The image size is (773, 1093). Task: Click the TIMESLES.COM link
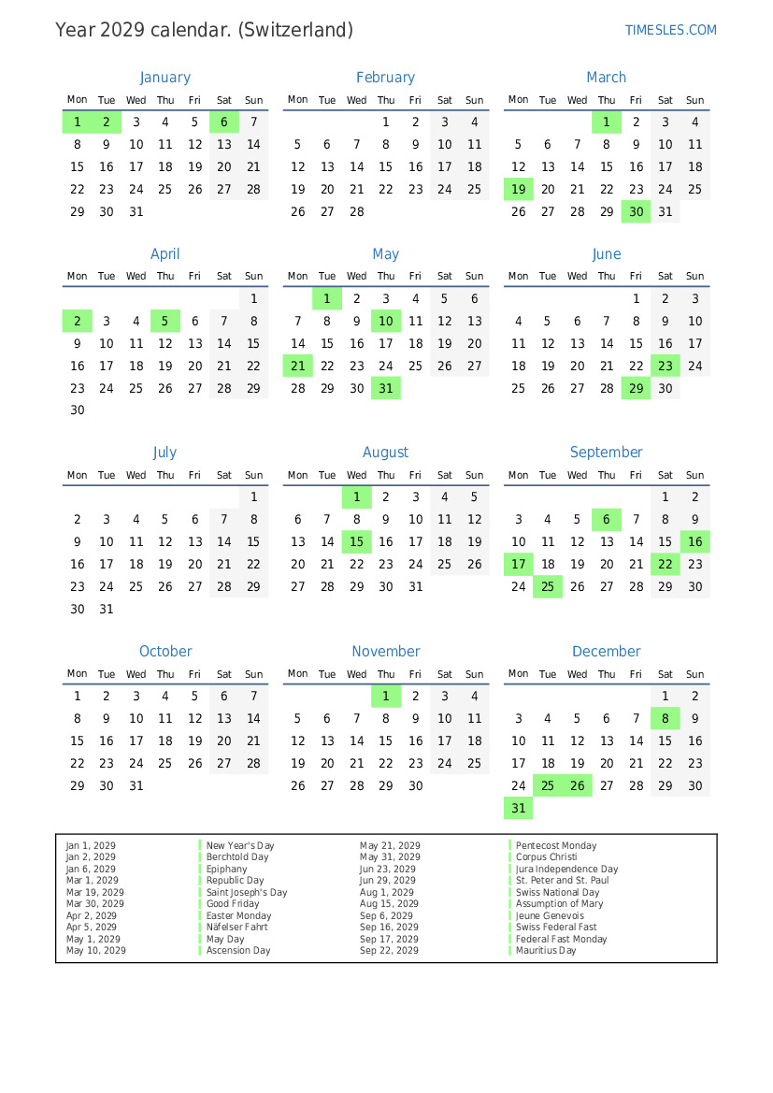670,30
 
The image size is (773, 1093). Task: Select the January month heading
165,78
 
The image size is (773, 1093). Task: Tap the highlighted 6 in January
224,122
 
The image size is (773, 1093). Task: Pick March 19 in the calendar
519,189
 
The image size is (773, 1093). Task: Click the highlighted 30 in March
637,211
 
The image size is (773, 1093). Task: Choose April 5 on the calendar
165,321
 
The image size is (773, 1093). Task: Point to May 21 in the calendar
298,366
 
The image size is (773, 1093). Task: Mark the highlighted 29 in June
637,388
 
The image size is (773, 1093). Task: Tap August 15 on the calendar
356,541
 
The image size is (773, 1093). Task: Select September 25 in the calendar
548,586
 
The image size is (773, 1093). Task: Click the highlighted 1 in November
386,696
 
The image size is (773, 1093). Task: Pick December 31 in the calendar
519,808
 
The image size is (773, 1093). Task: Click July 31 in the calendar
107,609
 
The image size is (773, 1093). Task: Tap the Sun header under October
253,673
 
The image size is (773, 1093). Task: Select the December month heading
607,651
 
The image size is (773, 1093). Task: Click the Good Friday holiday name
233,904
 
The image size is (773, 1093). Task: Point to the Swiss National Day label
558,892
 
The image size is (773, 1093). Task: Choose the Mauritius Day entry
546,951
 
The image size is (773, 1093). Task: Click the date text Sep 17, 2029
389,939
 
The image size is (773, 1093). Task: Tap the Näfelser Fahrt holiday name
237,928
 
